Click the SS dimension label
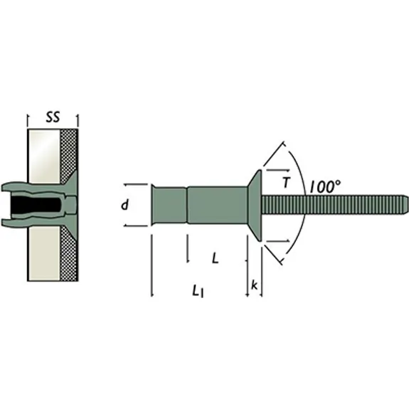(53, 117)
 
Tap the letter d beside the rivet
(125, 205)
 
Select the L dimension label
(215, 258)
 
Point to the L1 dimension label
(198, 291)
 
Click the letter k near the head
(254, 285)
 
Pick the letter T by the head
(286, 182)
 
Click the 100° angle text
(325, 186)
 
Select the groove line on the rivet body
(187, 205)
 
